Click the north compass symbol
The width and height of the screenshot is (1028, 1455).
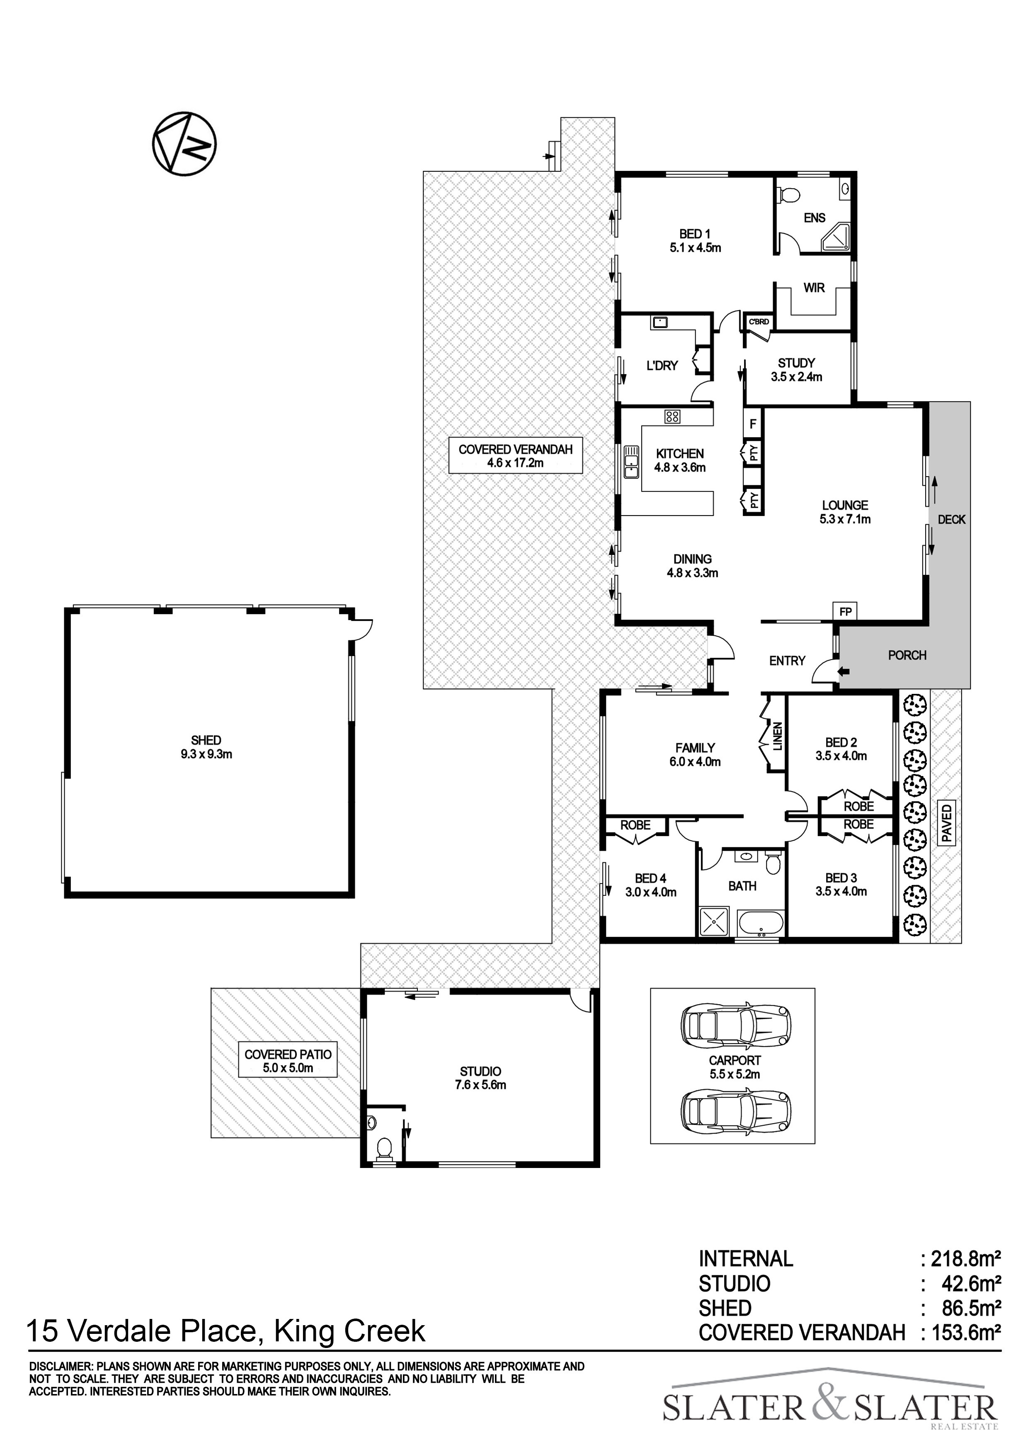184,144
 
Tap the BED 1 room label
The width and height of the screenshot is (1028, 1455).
694,234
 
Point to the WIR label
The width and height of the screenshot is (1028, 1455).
814,288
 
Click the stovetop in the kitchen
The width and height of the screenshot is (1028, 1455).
672,416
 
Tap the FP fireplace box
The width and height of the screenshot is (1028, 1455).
845,611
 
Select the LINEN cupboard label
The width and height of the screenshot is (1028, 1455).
778,736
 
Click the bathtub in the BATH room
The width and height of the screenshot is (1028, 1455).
761,923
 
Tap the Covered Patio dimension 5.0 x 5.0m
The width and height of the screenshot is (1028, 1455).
288,1068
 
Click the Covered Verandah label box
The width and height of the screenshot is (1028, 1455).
516,456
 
